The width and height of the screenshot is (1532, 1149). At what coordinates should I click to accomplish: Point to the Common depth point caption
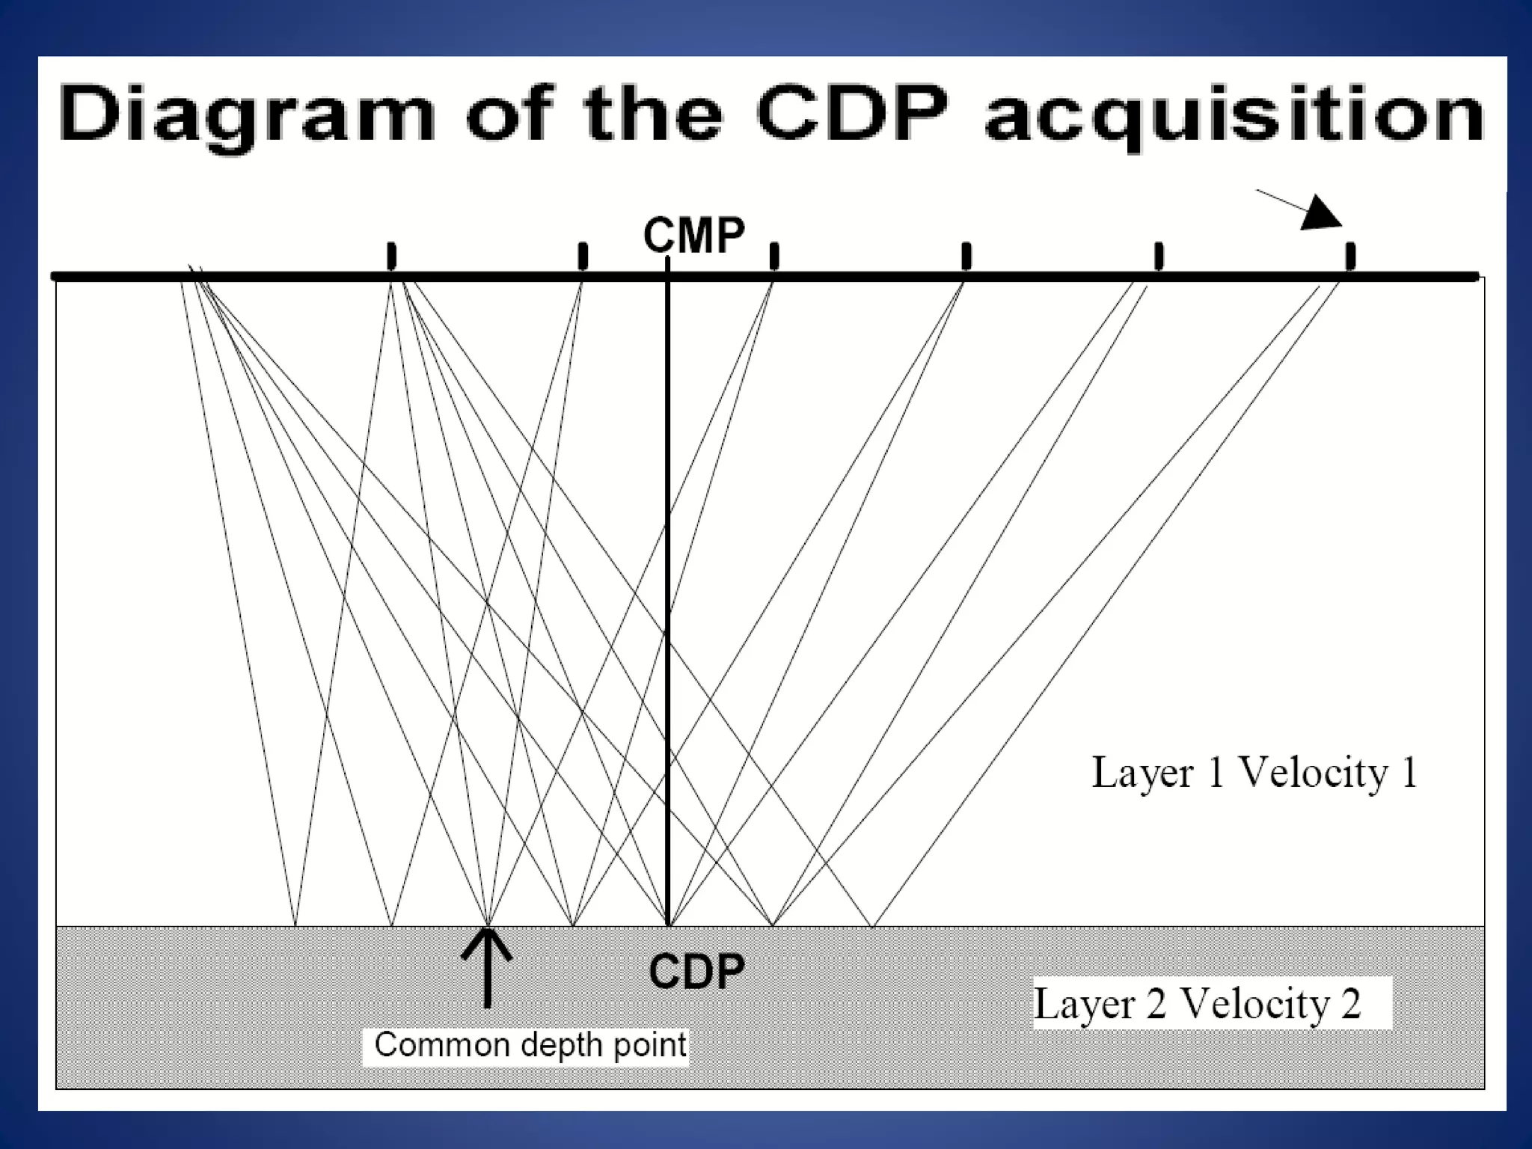[530, 1045]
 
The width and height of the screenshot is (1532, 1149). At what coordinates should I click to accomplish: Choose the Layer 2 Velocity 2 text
[1197, 1003]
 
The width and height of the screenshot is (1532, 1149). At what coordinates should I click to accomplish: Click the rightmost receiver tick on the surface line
[1350, 256]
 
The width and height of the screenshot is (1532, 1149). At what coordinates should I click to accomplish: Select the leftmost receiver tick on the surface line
[390, 256]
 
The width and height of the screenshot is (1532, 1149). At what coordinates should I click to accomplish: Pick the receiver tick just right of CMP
[774, 256]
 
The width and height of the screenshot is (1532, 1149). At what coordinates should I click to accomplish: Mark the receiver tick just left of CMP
[583, 256]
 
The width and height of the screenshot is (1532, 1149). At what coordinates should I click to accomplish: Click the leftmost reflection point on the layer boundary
[295, 925]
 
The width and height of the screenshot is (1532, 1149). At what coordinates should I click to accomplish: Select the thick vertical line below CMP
[667, 598]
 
